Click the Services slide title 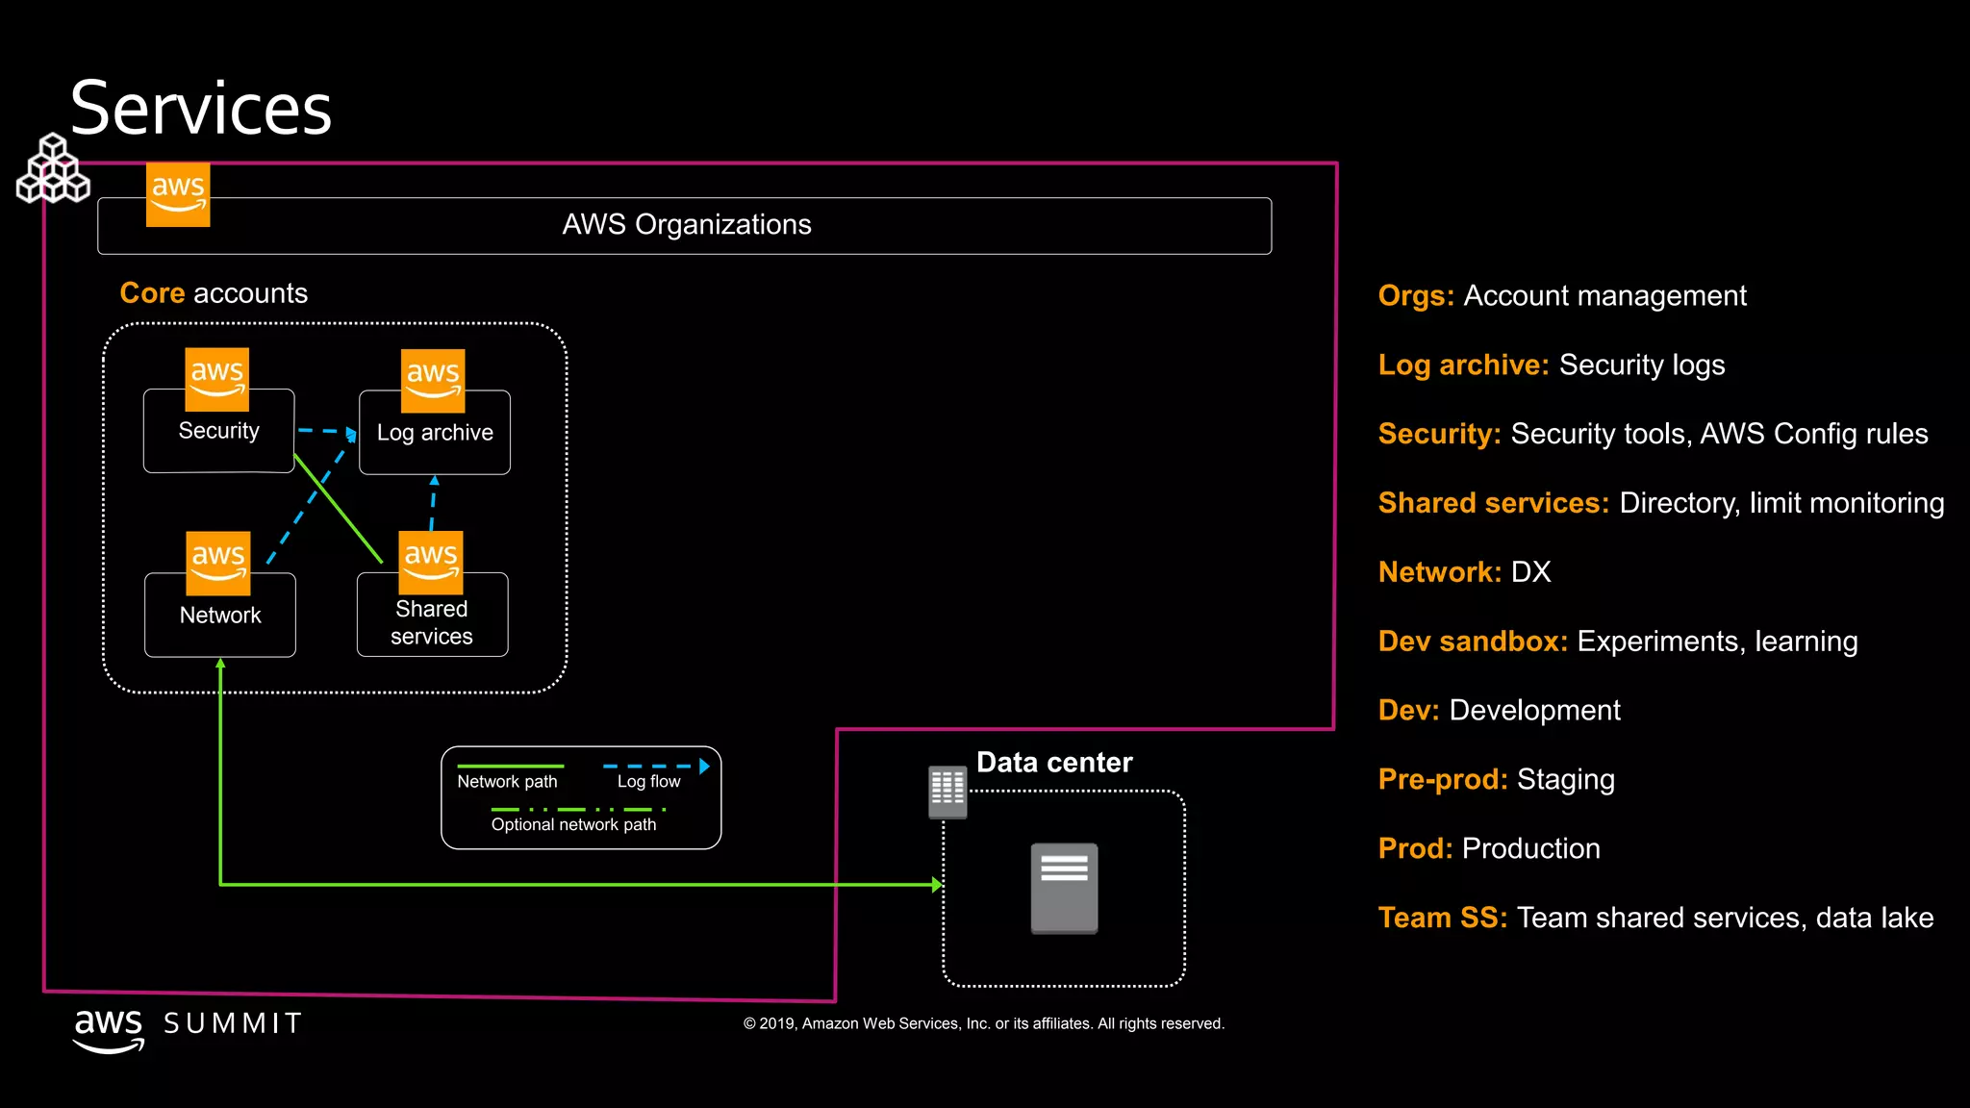(x=201, y=108)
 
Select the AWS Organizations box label (x=686, y=225)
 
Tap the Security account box (x=218, y=432)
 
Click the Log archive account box (x=435, y=434)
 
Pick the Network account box (x=220, y=616)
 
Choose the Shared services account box (x=432, y=622)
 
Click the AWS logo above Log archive (x=433, y=380)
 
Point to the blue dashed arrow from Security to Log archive (x=325, y=431)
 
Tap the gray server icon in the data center (x=1064, y=888)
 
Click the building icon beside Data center (x=947, y=792)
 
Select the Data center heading (x=1054, y=763)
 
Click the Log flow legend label (x=648, y=782)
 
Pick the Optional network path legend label (x=573, y=825)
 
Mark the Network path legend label (x=507, y=782)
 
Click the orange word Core (x=152, y=293)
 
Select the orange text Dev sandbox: (x=1473, y=642)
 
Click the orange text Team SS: (x=1442, y=918)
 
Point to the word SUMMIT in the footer (x=233, y=1023)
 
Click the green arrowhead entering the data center (x=937, y=885)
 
